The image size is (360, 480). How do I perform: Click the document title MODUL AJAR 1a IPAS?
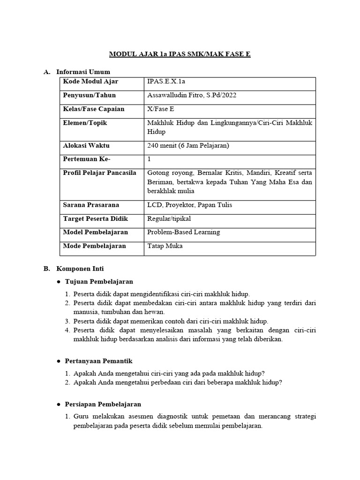tap(180, 54)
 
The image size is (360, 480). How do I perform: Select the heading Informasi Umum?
tap(83, 72)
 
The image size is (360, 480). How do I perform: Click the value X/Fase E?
tap(160, 109)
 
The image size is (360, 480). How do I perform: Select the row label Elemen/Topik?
tap(85, 122)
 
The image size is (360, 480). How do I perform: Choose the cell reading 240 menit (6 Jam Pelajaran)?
tap(188, 145)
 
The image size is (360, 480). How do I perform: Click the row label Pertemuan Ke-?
tap(86, 159)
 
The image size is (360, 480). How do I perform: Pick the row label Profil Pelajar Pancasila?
tap(99, 172)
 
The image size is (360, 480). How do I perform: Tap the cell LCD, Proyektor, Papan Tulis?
tap(189, 205)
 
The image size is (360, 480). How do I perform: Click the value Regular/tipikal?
tap(169, 218)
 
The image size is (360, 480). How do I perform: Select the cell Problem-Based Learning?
tap(183, 232)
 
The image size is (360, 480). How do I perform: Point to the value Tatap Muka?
tap(165, 246)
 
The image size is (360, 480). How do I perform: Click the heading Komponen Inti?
tap(80, 269)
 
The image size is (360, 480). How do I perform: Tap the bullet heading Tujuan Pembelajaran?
tap(99, 281)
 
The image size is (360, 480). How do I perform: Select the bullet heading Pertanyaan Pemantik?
tap(98, 361)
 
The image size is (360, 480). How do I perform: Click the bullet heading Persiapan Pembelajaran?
tap(103, 404)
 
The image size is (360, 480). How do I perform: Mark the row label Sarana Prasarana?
tap(91, 205)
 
